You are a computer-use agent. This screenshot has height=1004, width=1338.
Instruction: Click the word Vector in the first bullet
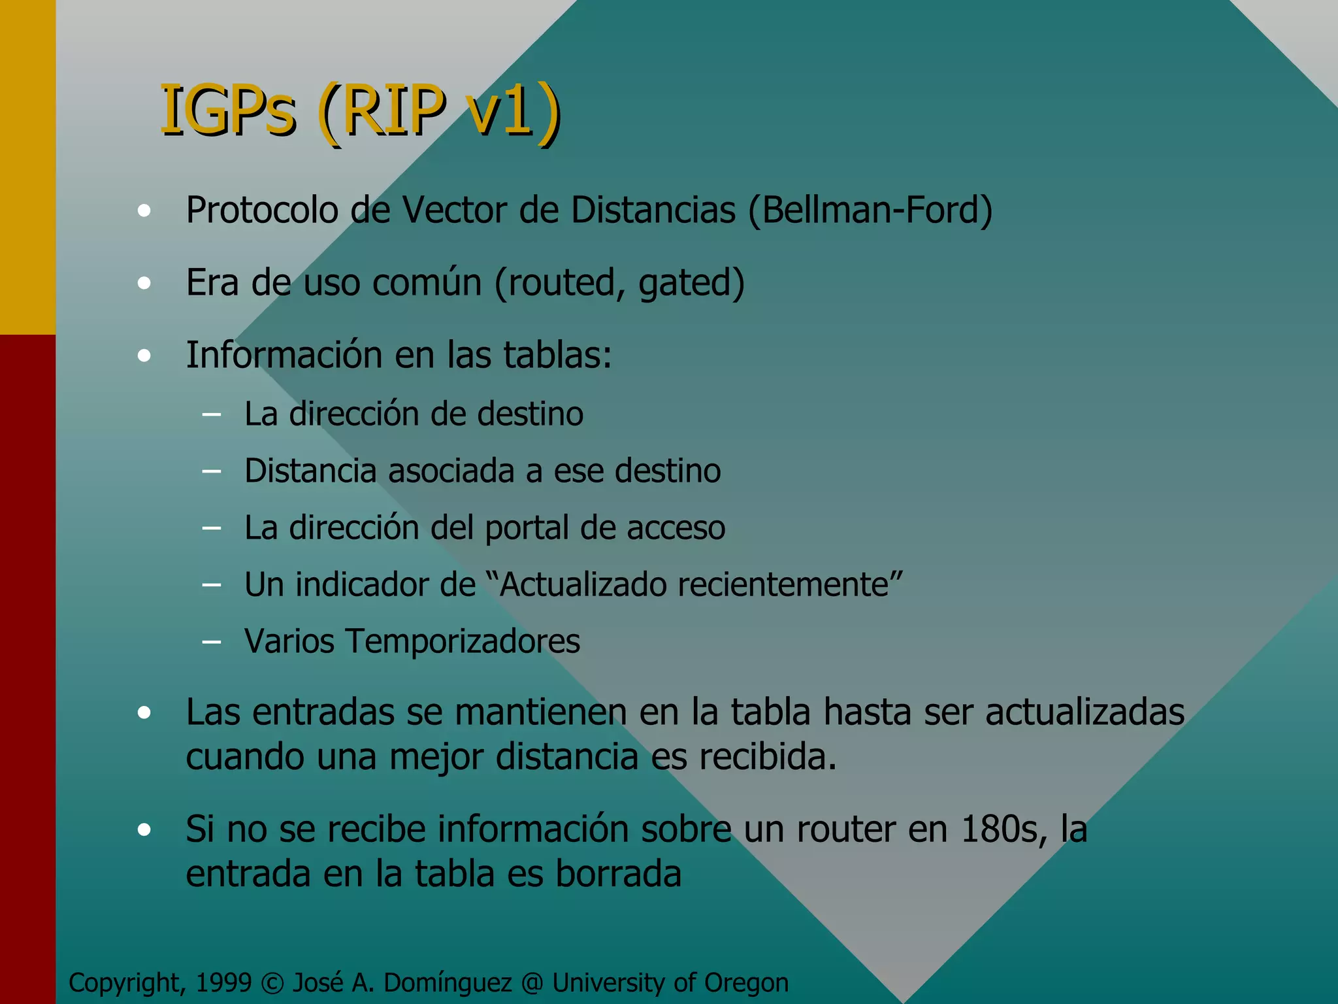[x=453, y=210]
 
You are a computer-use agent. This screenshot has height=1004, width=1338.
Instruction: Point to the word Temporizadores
[x=463, y=641]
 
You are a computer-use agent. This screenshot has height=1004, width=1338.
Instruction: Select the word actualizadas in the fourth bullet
[x=1085, y=712]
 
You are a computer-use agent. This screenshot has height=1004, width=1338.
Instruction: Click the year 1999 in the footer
[x=223, y=982]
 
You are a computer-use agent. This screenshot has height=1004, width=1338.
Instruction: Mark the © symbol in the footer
[x=271, y=983]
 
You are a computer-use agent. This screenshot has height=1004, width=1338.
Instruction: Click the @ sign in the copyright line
[x=532, y=983]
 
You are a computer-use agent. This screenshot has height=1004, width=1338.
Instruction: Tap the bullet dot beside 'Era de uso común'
[x=144, y=283]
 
